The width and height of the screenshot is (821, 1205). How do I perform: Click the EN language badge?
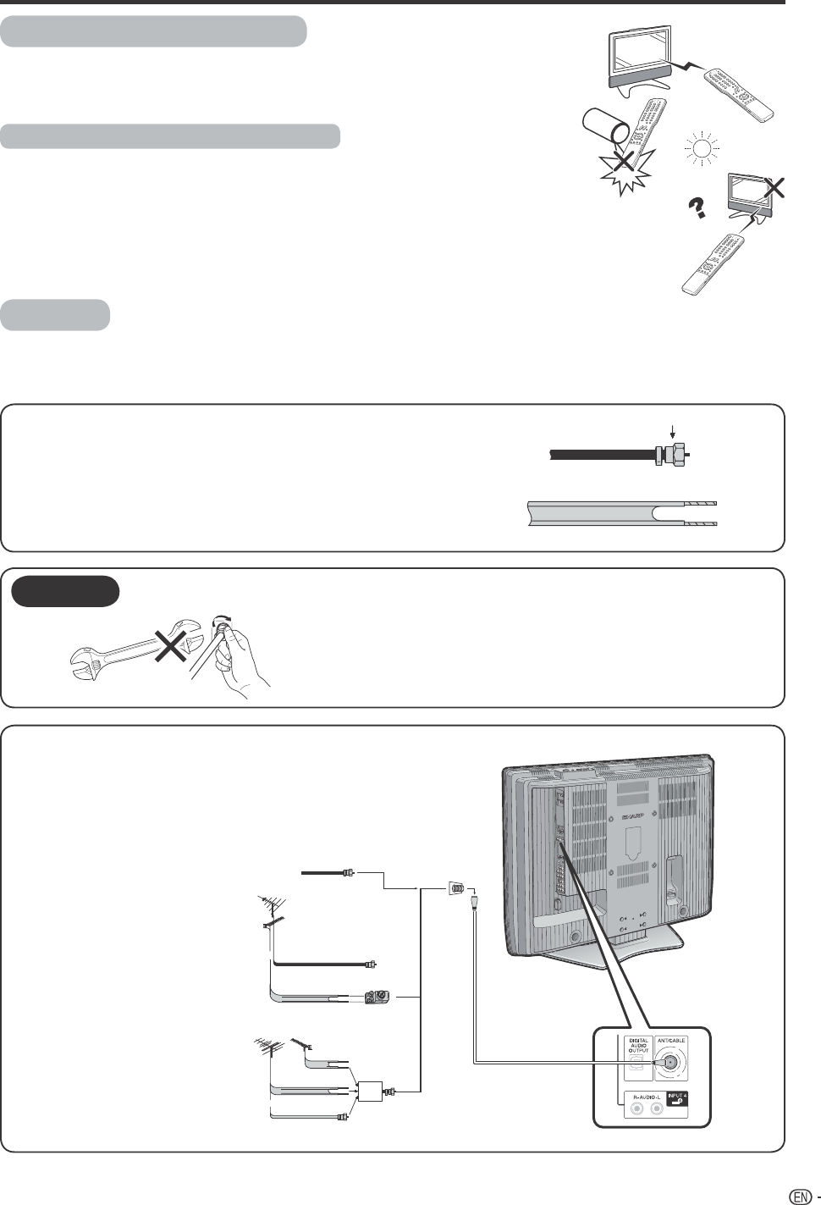pos(797,1197)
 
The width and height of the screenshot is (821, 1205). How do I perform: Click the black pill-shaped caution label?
pos(66,591)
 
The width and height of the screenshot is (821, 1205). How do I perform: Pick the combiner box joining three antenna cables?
pos(369,1092)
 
